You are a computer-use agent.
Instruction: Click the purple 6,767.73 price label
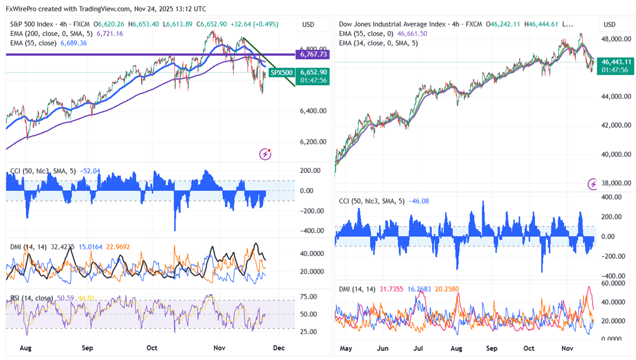tap(315, 54)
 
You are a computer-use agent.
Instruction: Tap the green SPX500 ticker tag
tap(281, 72)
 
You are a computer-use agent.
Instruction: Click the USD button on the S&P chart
tap(308, 25)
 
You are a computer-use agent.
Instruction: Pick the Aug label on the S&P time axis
tap(25, 348)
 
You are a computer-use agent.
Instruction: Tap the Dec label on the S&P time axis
tap(279, 348)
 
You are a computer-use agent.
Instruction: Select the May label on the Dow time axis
tap(346, 348)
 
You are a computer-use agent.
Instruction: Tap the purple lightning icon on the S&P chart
tap(265, 154)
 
